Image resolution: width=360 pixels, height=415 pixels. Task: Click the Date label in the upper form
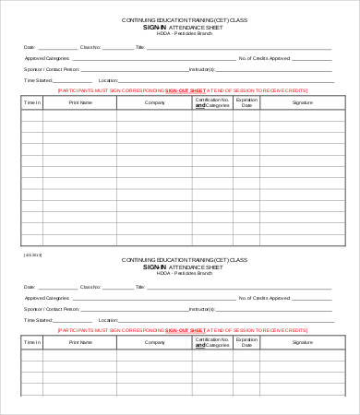coord(29,46)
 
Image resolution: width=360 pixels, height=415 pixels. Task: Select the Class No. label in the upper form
coord(90,46)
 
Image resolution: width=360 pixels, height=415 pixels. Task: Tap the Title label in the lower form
coord(139,287)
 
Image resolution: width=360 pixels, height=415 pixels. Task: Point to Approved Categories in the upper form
coord(43,57)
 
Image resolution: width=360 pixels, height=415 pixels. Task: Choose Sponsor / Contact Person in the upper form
coord(46,69)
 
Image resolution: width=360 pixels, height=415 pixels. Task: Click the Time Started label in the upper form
coord(36,81)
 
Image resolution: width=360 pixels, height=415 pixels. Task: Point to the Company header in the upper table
coord(153,103)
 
